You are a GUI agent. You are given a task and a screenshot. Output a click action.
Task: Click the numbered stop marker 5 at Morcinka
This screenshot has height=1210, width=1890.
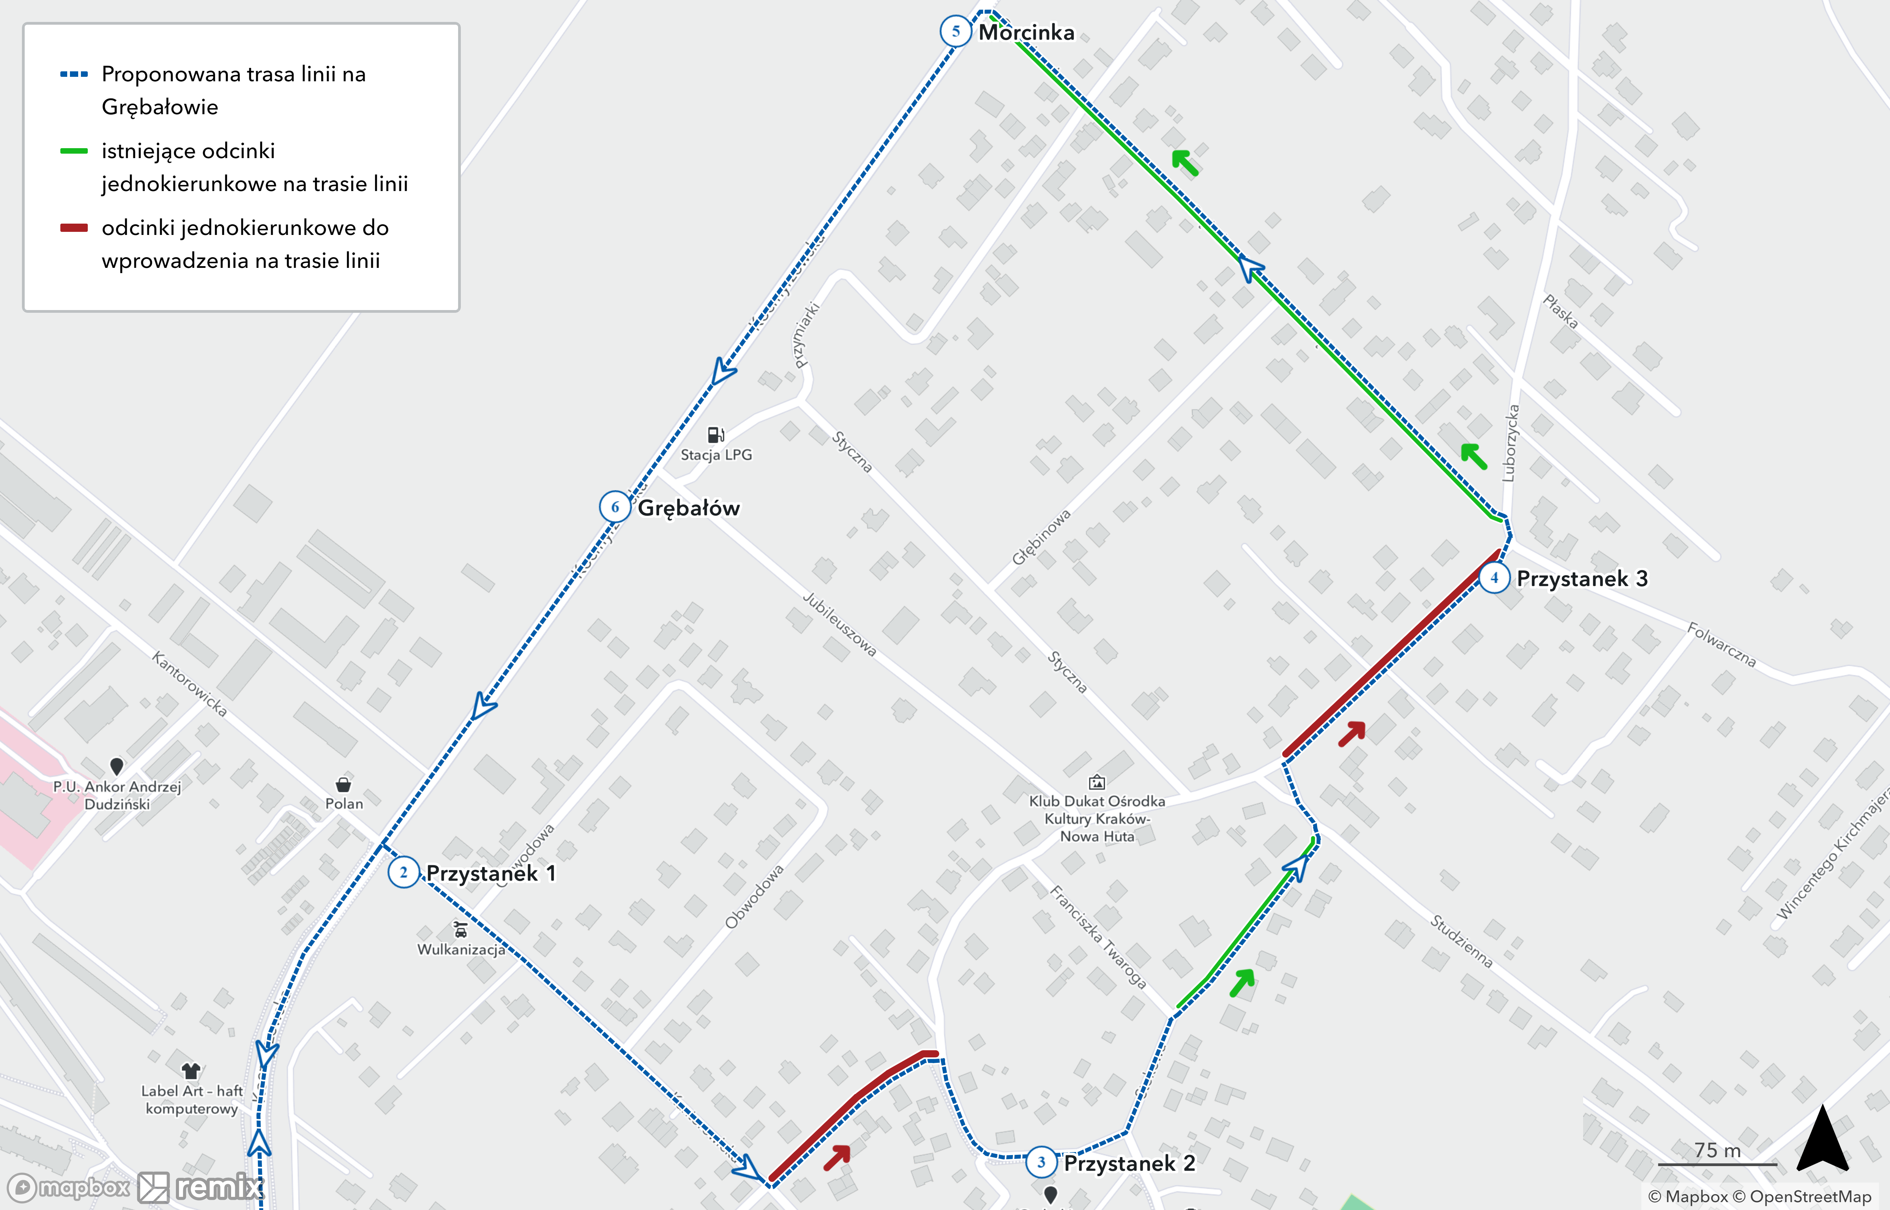tap(955, 32)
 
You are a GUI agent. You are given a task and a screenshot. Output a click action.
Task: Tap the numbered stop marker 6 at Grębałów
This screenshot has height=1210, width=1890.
tap(615, 507)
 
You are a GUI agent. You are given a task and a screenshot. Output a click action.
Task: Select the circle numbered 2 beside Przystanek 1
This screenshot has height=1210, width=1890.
tap(403, 872)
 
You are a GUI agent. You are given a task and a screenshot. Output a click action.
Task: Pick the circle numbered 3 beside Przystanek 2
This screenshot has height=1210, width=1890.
tap(1042, 1162)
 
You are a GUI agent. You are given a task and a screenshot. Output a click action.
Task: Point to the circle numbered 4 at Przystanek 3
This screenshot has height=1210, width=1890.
tap(1494, 578)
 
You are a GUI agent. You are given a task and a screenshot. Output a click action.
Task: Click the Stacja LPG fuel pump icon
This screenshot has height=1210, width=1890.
tap(716, 435)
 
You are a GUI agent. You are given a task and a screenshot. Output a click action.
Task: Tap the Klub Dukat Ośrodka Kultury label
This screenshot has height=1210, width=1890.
tap(1097, 818)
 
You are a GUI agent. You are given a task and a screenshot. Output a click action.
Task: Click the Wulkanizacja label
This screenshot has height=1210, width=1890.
tap(461, 949)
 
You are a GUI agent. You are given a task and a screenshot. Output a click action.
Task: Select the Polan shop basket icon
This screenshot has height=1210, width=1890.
tap(343, 784)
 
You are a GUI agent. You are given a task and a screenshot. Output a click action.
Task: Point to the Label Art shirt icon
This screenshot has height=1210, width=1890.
tap(191, 1070)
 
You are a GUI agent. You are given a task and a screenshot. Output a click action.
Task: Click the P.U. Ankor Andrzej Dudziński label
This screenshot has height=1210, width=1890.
tap(117, 794)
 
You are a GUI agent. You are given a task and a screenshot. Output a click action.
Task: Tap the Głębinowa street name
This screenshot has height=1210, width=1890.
tap(1041, 537)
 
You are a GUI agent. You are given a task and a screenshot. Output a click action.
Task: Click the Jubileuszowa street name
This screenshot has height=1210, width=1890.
tap(839, 625)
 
